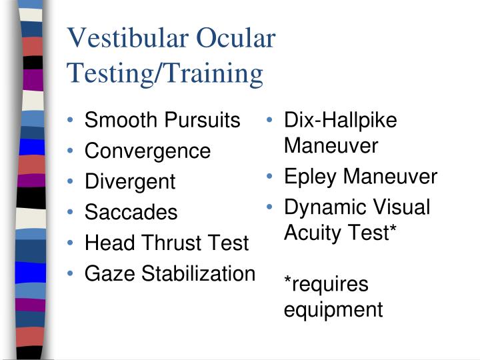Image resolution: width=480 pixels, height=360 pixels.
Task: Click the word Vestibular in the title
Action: [127, 39]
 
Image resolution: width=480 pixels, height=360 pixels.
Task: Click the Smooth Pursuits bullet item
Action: [162, 121]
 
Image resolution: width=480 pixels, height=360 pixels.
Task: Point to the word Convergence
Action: [147, 151]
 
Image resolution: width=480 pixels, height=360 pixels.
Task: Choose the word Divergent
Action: [130, 182]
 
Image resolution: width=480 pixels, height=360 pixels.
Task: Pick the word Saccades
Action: [131, 213]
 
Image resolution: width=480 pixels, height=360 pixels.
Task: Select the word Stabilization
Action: [196, 274]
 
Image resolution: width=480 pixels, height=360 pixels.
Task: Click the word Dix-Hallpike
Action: [340, 121]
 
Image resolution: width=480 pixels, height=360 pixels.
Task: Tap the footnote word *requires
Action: [326, 285]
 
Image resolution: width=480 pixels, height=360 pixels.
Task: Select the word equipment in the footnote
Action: [333, 309]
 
